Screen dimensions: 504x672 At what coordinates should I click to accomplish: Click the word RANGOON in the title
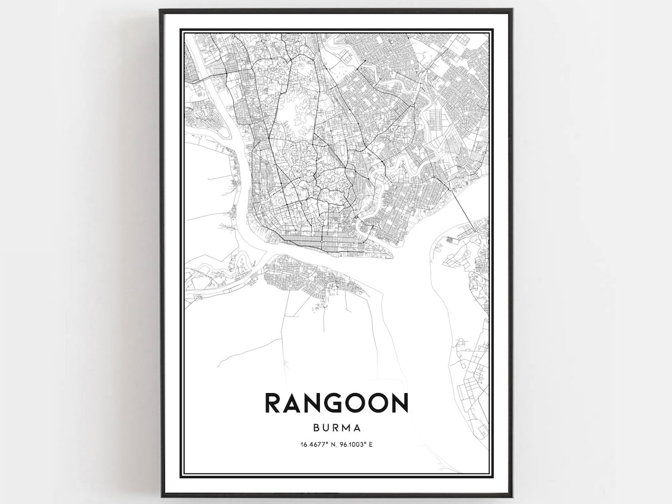click(x=337, y=402)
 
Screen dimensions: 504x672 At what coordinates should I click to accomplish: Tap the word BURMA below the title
click(x=337, y=428)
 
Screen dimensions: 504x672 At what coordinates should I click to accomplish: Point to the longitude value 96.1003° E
click(x=357, y=444)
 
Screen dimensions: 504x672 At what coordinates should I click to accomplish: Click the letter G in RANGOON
click(x=336, y=402)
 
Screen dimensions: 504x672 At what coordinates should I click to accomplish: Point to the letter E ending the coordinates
click(x=370, y=444)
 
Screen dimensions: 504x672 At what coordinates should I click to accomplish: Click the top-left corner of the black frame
click(x=161, y=10)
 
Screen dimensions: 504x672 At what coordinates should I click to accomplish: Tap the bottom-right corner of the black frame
click(x=511, y=495)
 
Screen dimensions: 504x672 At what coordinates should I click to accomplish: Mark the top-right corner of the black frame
click(x=511, y=10)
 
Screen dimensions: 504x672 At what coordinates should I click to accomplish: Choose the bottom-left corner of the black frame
click(x=161, y=495)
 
